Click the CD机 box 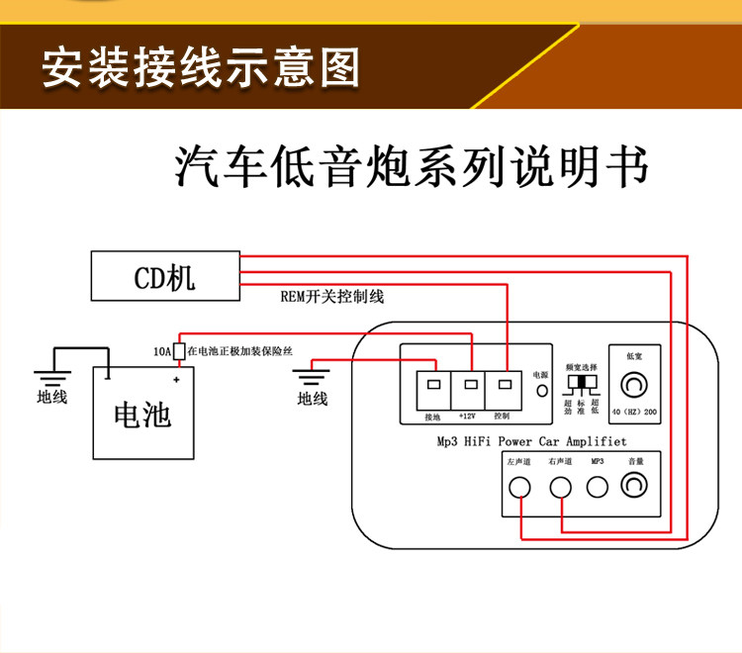(x=165, y=276)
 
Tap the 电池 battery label (x=143, y=415)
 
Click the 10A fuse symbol (x=179, y=350)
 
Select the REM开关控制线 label (x=332, y=297)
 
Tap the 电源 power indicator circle (x=541, y=391)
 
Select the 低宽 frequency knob (x=634, y=383)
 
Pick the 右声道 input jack (x=561, y=486)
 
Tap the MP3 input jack (x=597, y=486)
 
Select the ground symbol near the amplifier (x=312, y=377)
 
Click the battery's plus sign (x=176, y=379)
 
